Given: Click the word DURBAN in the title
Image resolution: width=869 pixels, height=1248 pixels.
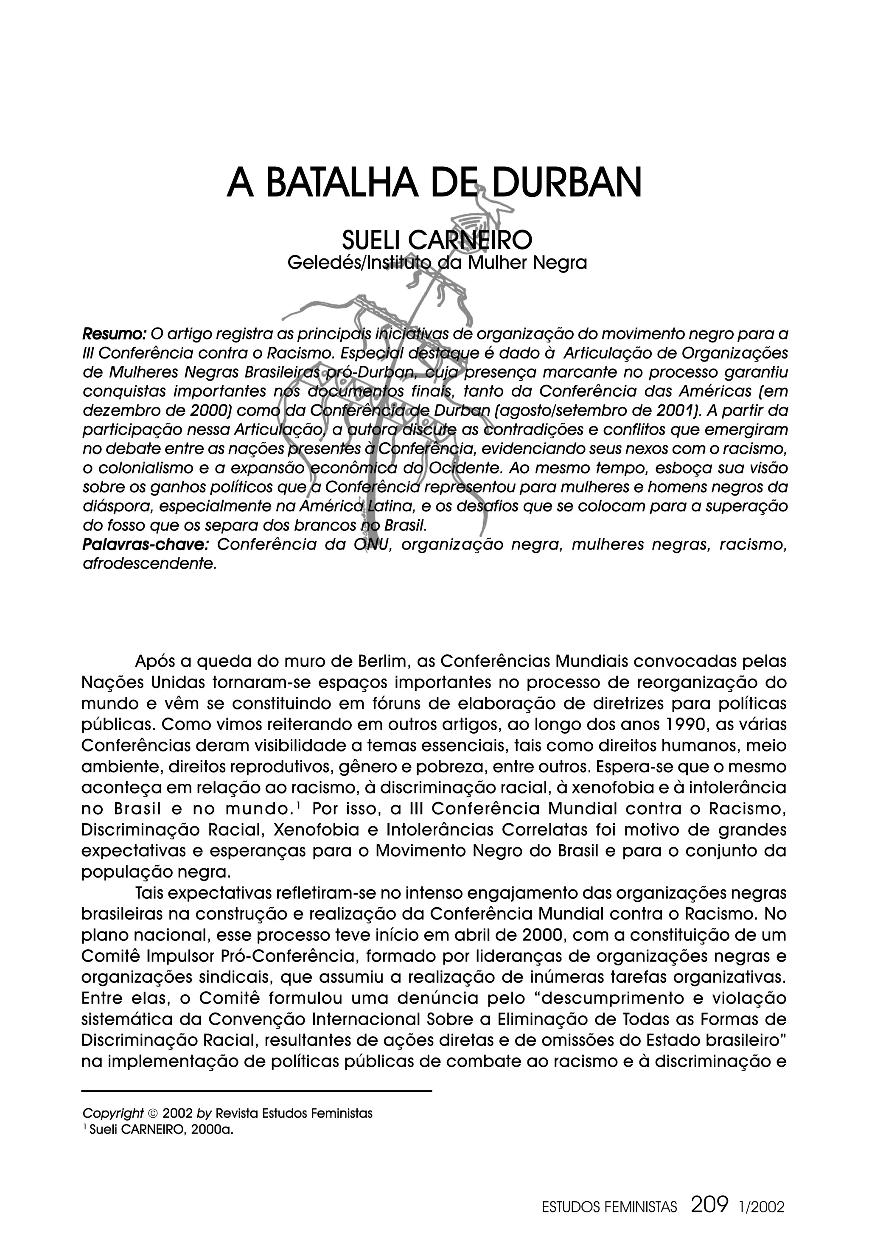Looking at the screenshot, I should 565,183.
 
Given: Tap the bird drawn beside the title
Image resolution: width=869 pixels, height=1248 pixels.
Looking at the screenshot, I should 491,204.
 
